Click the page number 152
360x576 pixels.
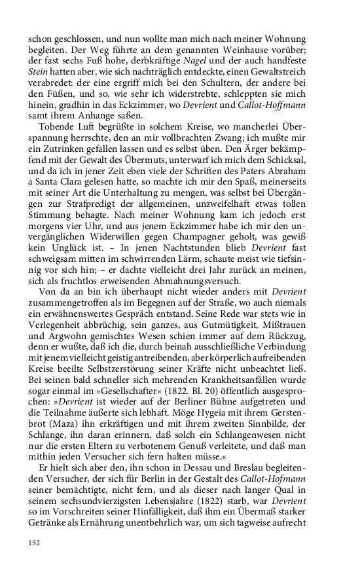(x=35, y=542)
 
